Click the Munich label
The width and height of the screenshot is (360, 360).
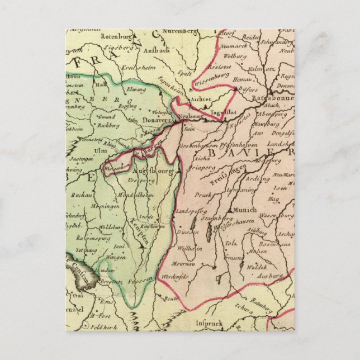coord(243,210)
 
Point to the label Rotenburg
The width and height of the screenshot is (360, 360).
coord(115,35)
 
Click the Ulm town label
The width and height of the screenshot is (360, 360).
coord(85,150)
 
